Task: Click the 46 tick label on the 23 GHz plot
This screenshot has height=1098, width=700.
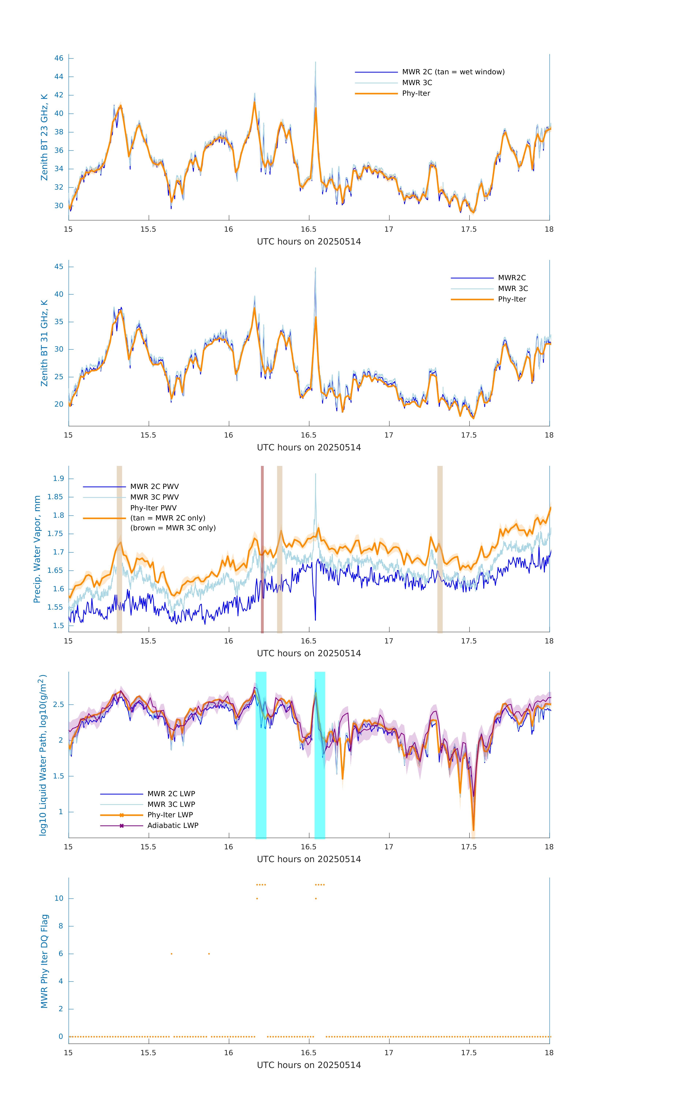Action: pyautogui.click(x=59, y=58)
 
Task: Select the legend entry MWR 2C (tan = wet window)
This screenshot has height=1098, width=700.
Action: pyautogui.click(x=453, y=72)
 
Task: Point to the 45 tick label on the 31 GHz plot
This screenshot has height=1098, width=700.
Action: pyautogui.click(x=59, y=267)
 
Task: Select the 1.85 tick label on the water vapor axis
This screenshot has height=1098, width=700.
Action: pyautogui.click(x=55, y=497)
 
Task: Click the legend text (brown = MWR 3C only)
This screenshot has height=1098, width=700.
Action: pyautogui.click(x=173, y=528)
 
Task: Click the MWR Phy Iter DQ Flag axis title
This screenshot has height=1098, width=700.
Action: pyautogui.click(x=44, y=961)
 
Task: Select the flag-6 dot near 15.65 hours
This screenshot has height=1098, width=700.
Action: pyautogui.click(x=171, y=954)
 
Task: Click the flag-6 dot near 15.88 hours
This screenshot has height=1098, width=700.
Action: pyautogui.click(x=209, y=954)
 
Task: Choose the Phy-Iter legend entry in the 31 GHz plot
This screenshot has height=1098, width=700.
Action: pyautogui.click(x=512, y=300)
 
